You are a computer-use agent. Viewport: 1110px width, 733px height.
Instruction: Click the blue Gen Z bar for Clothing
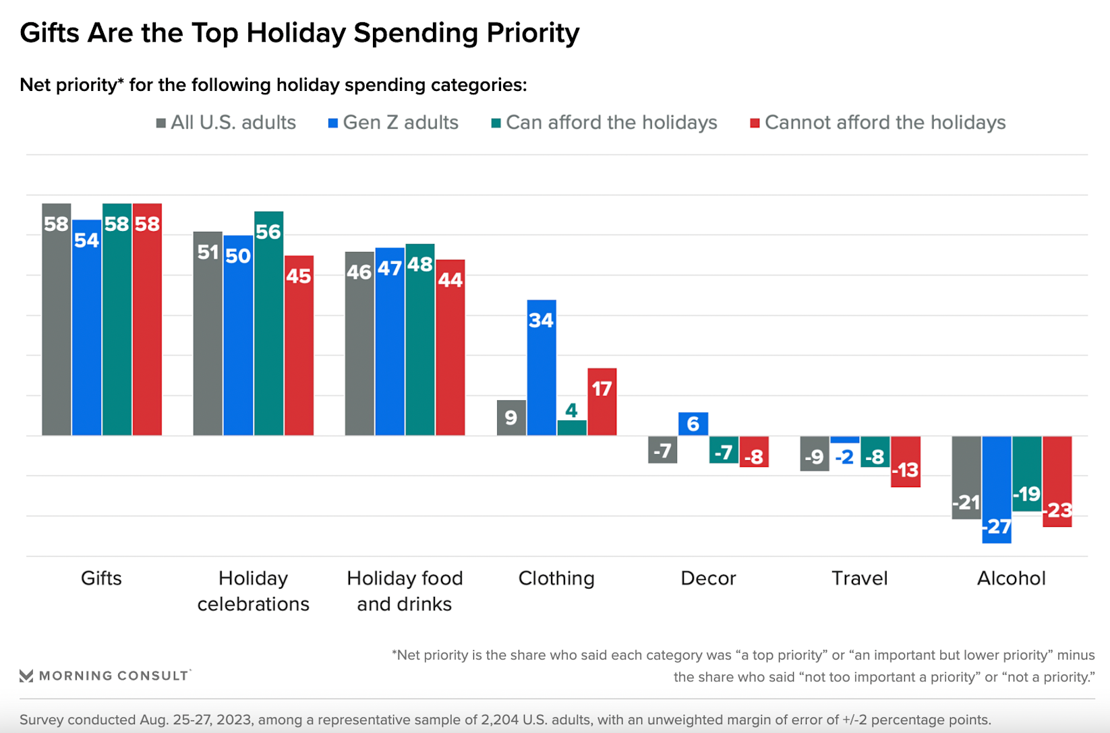(542, 367)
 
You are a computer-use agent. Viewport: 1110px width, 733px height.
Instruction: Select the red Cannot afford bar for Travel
(906, 461)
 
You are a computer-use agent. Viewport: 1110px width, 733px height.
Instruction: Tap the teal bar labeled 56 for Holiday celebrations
(268, 323)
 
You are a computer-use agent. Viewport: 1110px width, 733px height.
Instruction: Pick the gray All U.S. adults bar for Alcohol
(966, 477)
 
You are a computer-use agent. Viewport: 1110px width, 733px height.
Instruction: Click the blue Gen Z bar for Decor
(693, 424)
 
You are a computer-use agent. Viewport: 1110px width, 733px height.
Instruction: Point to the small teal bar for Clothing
(572, 428)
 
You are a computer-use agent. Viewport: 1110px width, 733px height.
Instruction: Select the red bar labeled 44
(450, 347)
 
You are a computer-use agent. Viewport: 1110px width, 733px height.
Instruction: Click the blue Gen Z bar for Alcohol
(997, 489)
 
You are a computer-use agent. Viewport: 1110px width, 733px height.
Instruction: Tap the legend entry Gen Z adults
(393, 123)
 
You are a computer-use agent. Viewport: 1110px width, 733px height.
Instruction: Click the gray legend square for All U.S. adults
(161, 123)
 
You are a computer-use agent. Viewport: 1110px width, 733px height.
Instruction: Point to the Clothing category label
(556, 578)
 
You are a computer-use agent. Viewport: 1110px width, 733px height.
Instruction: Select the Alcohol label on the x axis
(1011, 578)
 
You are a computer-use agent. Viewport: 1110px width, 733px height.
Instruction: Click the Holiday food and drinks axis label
(405, 591)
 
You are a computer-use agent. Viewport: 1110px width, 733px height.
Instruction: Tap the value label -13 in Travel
(906, 470)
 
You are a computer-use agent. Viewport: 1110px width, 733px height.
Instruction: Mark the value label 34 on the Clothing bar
(541, 320)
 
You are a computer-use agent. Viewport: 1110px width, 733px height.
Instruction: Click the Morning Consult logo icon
(26, 676)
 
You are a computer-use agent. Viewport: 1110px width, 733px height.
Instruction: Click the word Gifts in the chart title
(49, 33)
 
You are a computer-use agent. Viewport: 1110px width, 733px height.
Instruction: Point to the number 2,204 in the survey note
(501, 720)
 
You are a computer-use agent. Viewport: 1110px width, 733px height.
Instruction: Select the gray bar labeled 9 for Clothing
(511, 418)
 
